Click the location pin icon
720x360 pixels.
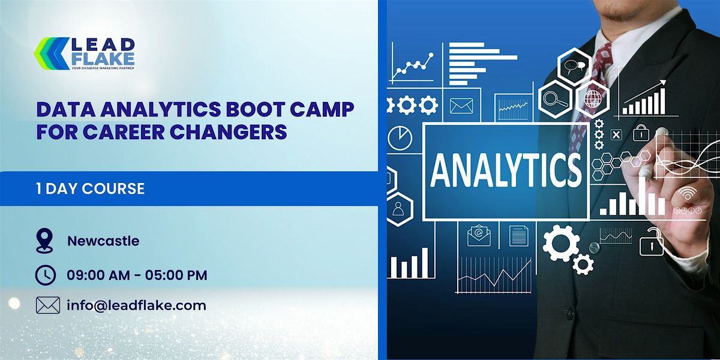[x=44, y=241]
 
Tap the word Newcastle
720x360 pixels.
[x=103, y=241]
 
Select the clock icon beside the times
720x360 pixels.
[x=46, y=275]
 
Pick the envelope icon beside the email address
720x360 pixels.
[x=48, y=305]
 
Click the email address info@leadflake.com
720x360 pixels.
[x=136, y=305]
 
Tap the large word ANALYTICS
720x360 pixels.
[x=505, y=170]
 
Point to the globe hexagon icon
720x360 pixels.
[x=592, y=98]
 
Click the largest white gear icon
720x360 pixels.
[x=560, y=242]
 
